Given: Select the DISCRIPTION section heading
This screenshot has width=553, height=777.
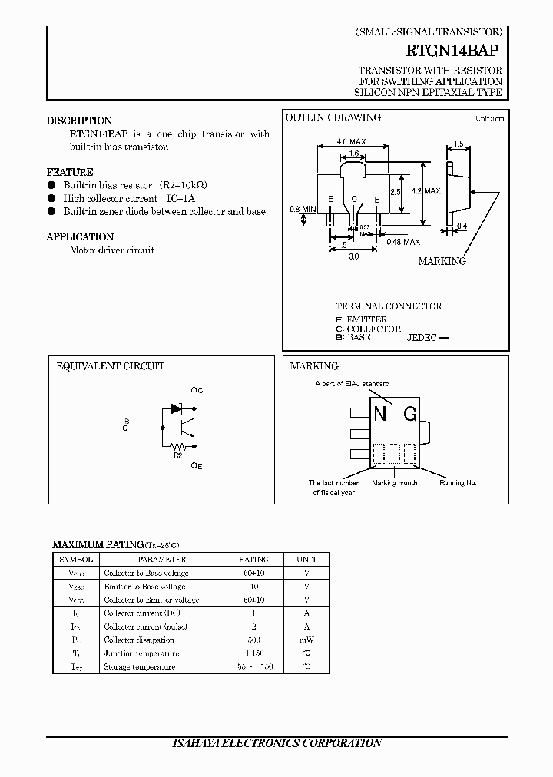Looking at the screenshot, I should (79, 121).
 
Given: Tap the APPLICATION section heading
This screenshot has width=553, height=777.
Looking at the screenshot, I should (80, 237).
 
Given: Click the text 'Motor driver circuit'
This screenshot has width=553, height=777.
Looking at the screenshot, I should (112, 250).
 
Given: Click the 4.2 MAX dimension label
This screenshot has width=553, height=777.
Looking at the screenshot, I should (426, 190).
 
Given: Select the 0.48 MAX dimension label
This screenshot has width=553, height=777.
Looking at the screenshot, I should (402, 242).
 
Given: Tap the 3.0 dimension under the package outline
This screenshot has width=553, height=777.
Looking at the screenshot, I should (353, 257).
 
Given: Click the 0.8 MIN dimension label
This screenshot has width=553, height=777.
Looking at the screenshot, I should (303, 209).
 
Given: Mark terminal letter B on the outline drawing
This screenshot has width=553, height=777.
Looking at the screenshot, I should (377, 200).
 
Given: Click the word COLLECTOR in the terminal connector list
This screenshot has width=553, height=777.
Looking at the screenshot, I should (374, 329).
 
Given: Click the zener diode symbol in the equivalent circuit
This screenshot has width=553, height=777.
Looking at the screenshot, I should (175, 409).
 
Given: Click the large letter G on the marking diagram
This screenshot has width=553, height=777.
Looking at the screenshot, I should (410, 415).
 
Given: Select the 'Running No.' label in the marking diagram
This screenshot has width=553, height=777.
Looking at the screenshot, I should (458, 483).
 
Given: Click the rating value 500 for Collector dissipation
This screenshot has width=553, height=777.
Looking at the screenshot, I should (253, 640).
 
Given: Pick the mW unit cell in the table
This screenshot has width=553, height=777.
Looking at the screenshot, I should (306, 640).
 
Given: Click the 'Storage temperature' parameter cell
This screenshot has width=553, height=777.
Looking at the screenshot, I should (140, 666).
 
